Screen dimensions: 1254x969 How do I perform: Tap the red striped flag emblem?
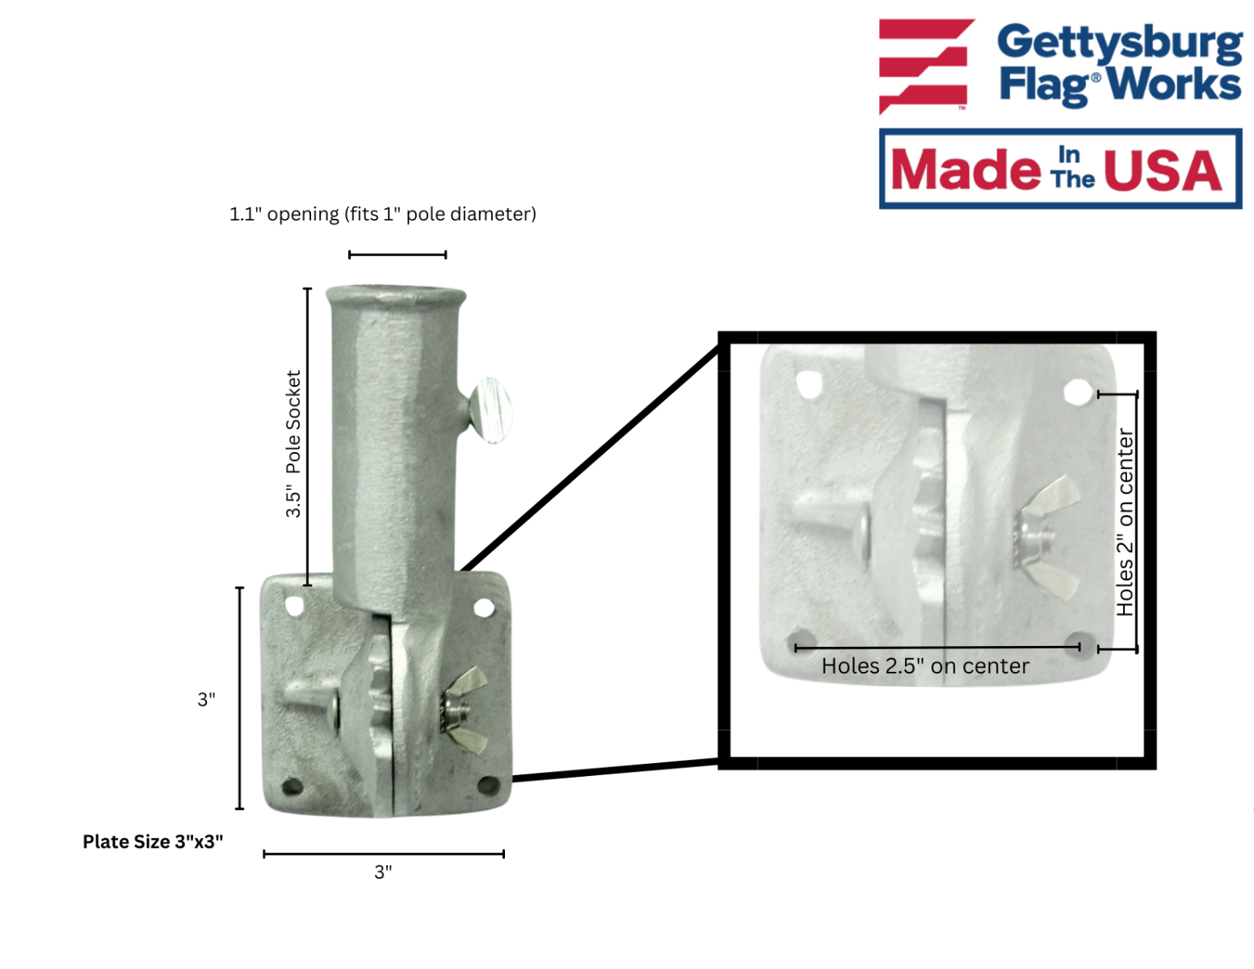(x=926, y=66)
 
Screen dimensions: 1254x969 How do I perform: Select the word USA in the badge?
(x=1162, y=170)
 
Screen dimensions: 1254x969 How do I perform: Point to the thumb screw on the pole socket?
(x=489, y=410)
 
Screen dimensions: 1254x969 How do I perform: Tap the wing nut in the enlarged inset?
(x=1045, y=537)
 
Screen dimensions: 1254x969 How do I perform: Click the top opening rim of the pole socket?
(x=396, y=294)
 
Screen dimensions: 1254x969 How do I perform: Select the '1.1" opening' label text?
(x=284, y=214)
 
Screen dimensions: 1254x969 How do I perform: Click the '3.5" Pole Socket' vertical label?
(x=293, y=443)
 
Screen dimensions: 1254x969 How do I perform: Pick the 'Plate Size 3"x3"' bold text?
(x=153, y=841)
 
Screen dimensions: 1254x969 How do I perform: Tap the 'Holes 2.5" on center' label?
(x=925, y=666)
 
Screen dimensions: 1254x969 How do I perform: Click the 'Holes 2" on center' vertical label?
(x=1125, y=522)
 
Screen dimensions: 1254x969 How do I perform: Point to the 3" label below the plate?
(x=383, y=872)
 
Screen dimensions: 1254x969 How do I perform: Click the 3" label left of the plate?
(x=207, y=699)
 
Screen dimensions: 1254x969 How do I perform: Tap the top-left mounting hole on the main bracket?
(x=294, y=606)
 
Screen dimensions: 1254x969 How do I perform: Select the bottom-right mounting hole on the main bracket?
(x=489, y=785)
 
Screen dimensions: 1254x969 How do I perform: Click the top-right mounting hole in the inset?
(x=1077, y=392)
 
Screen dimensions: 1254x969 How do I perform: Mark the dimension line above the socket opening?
(x=397, y=254)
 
